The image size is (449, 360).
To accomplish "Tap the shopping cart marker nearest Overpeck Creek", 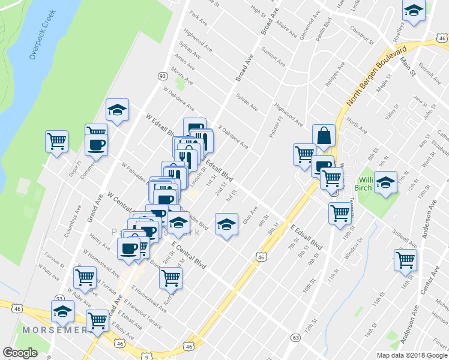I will [x=56, y=142].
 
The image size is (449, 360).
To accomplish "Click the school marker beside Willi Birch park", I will [x=385, y=182].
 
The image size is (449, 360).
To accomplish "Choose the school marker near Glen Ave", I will [x=226, y=224].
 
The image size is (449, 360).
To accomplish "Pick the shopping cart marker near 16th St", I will [x=405, y=259].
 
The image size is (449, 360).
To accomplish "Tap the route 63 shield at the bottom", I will [x=295, y=338].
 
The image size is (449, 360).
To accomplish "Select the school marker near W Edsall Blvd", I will [x=117, y=110].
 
